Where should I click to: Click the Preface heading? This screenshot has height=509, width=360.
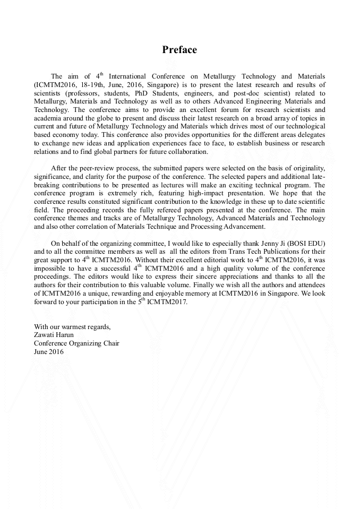tap(179, 50)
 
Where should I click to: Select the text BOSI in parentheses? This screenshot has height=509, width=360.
tap(298, 243)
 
